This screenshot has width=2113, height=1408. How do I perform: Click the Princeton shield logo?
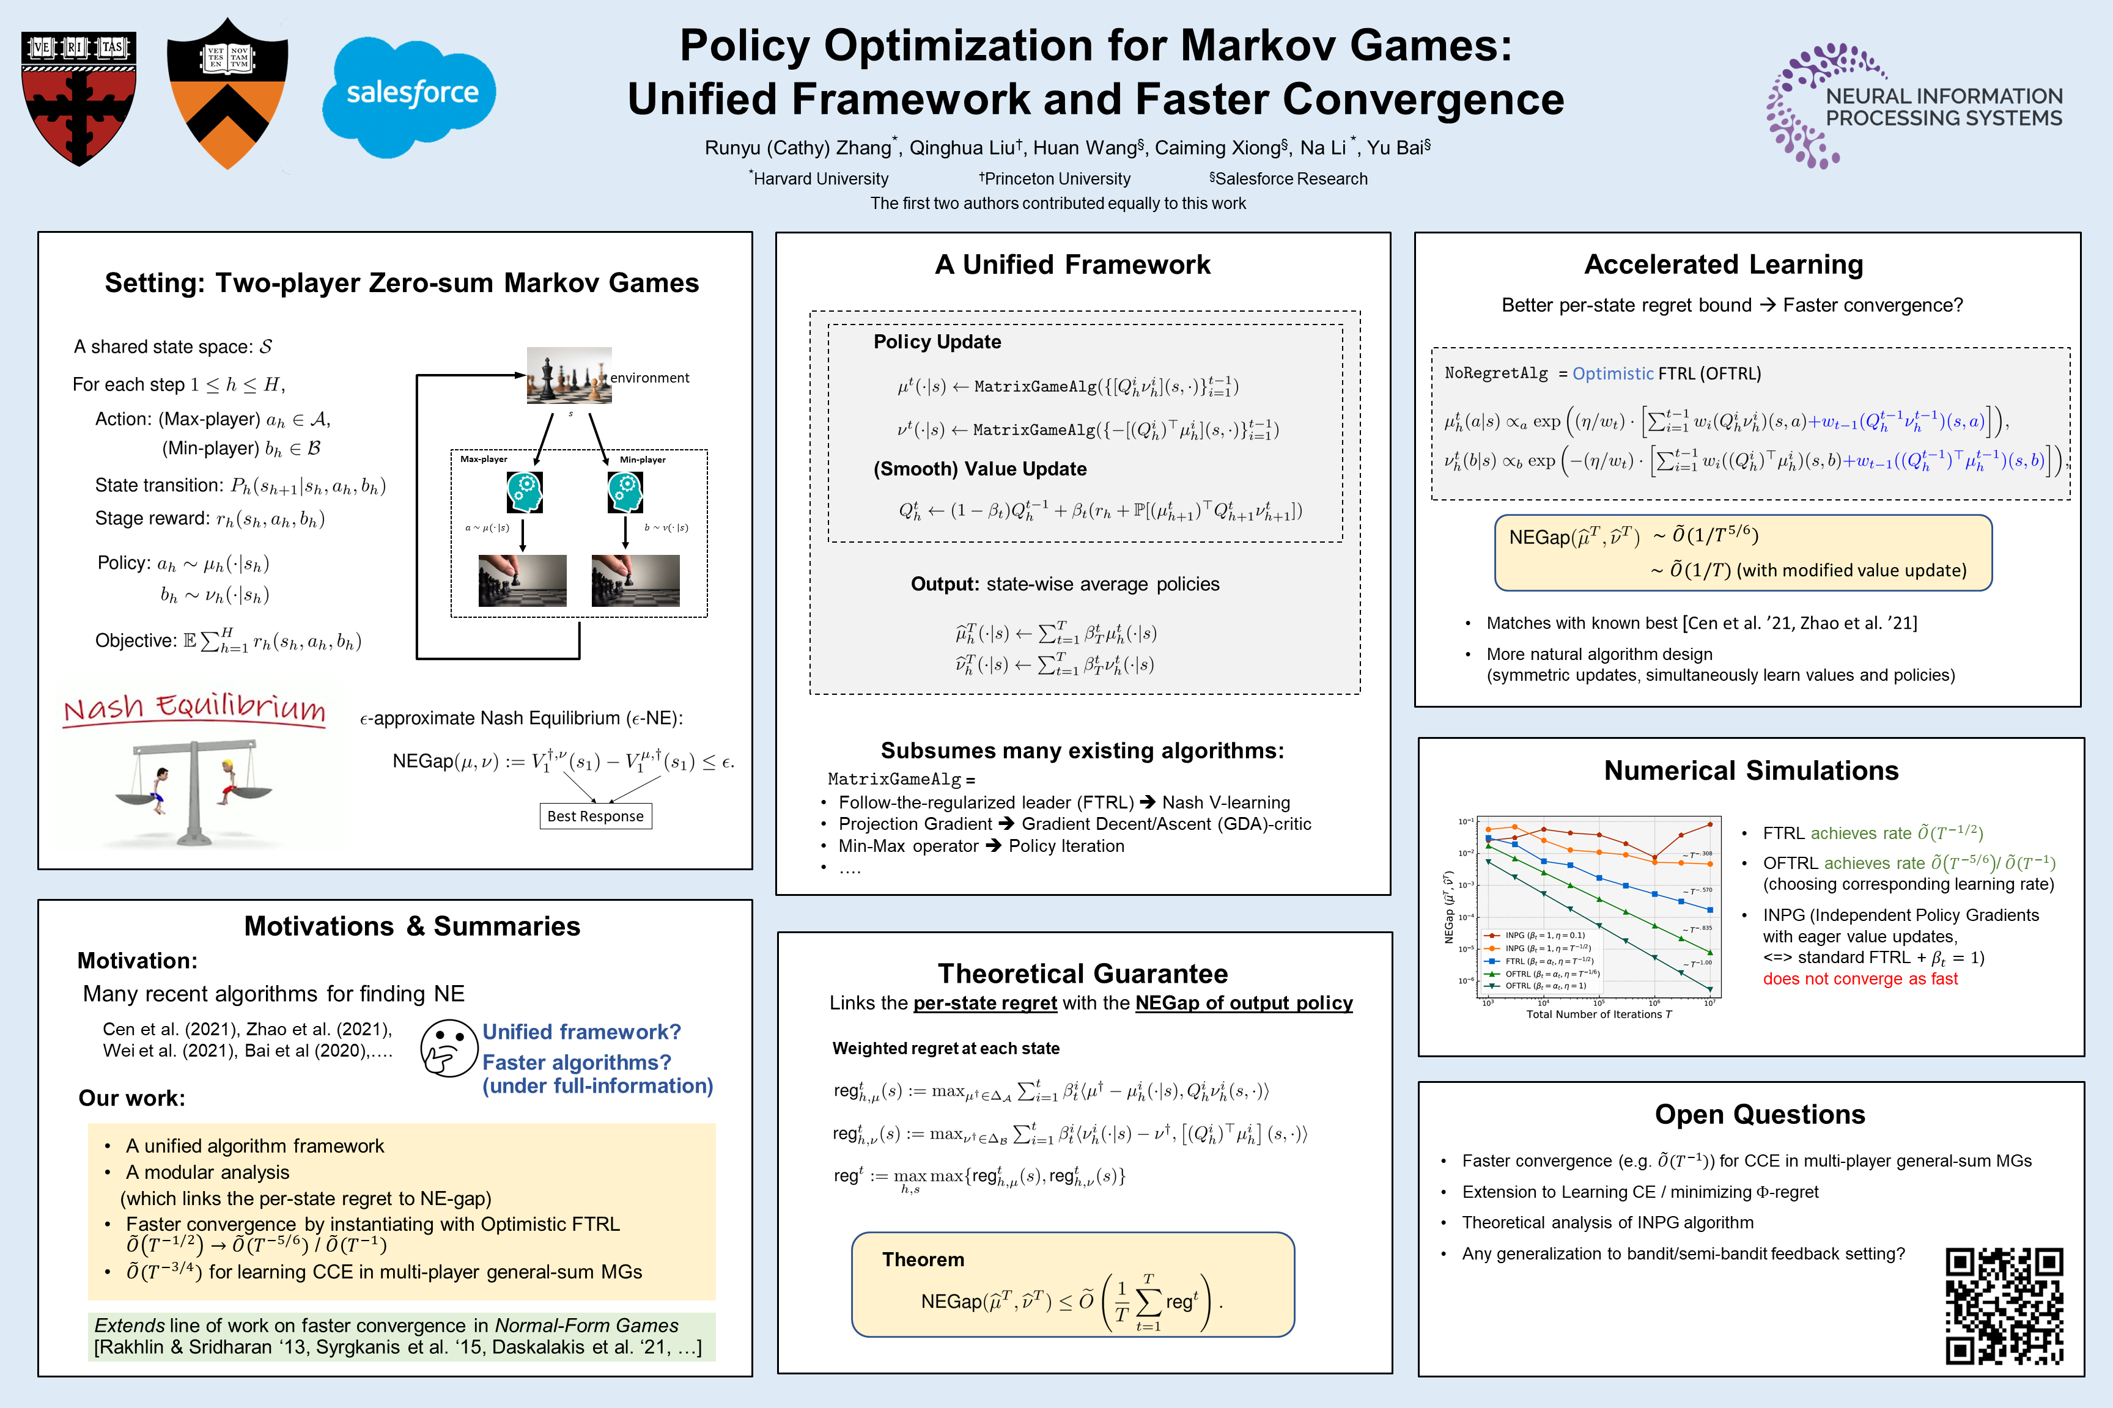pos(227,94)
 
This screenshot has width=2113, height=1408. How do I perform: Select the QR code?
pos(2004,1305)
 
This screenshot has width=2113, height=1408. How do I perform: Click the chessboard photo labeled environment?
pos(569,375)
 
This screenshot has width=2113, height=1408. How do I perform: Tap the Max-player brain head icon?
pos(524,492)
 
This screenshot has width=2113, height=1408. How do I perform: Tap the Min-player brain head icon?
pos(625,492)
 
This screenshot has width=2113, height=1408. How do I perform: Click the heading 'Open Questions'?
pos(1759,1115)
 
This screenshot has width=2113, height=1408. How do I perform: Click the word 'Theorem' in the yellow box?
pos(923,1260)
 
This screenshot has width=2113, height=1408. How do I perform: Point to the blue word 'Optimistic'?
pos(1613,373)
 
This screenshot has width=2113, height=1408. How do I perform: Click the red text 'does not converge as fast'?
pos(1860,979)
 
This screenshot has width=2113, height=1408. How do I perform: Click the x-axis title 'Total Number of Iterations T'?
pos(1598,1014)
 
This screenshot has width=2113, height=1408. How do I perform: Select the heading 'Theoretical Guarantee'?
pos(1083,974)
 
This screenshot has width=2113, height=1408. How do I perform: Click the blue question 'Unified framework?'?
pos(581,1032)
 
